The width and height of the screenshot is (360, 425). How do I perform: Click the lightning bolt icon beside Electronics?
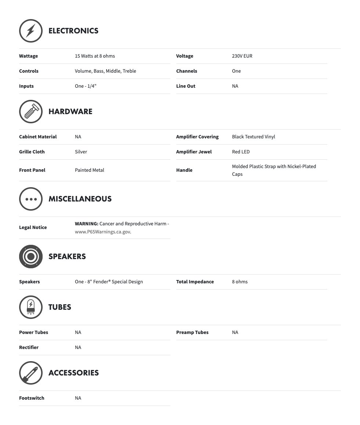click(31, 31)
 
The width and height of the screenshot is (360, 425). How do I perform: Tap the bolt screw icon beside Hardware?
click(31, 112)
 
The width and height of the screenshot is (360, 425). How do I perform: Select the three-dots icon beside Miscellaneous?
click(31, 199)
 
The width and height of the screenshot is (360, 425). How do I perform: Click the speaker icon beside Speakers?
click(31, 257)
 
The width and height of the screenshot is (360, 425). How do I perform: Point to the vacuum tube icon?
click(31, 307)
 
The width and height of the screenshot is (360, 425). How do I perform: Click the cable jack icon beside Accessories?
click(31, 373)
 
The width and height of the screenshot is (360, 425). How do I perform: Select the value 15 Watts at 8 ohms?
click(95, 56)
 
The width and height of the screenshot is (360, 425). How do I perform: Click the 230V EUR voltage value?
click(242, 56)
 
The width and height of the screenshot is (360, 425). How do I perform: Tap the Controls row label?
click(29, 71)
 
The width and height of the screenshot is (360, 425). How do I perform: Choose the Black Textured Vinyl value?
click(253, 137)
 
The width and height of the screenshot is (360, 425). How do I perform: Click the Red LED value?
click(241, 152)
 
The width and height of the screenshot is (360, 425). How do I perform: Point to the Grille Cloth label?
click(32, 152)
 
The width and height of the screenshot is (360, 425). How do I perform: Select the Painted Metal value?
click(89, 170)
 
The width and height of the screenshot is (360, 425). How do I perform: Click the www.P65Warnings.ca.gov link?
click(102, 232)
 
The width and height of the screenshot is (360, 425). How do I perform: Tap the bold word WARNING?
click(86, 224)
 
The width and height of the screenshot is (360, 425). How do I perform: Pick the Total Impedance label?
click(195, 282)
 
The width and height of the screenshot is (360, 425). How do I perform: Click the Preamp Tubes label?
click(192, 333)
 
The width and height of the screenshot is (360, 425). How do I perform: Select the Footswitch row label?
click(32, 398)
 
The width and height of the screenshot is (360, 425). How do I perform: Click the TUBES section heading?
click(60, 307)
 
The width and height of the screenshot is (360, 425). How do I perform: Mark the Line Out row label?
click(186, 86)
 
